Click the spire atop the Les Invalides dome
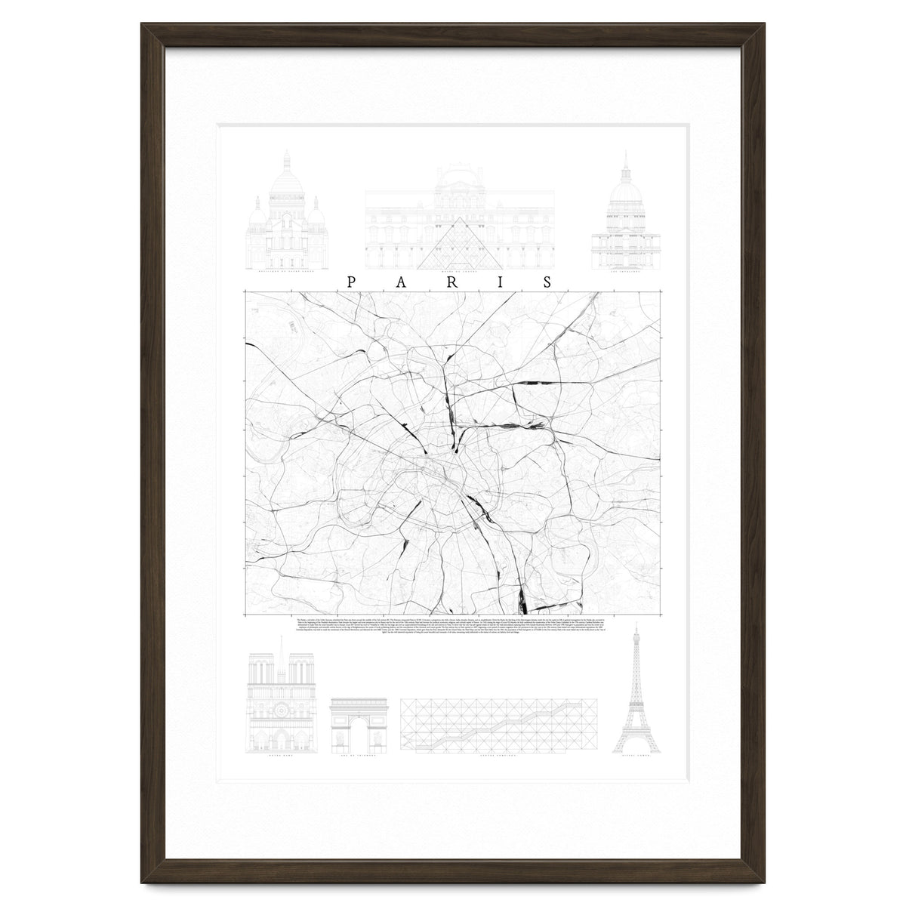(x=625, y=160)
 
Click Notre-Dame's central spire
(x=282, y=649)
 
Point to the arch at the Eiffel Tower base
(x=636, y=747)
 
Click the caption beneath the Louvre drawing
(x=460, y=275)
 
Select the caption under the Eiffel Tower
(x=636, y=759)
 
